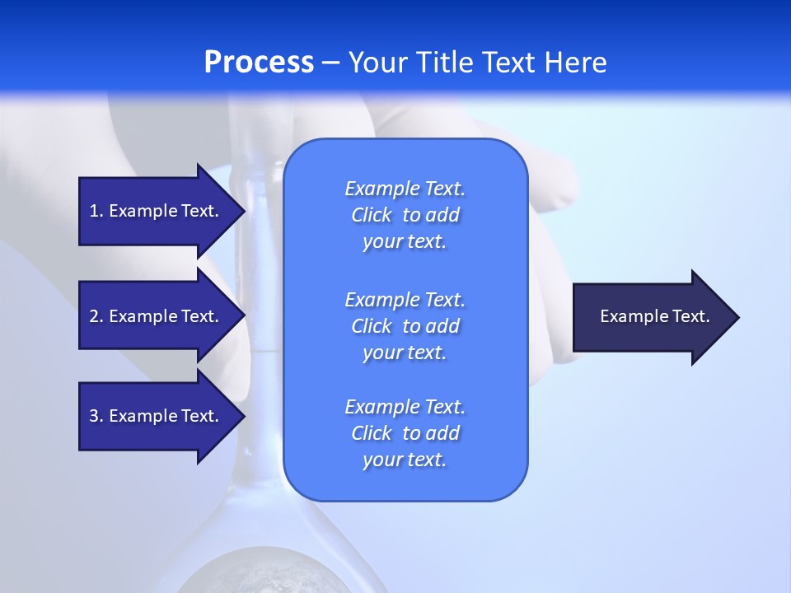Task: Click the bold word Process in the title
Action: [259, 62]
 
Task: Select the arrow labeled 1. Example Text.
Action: [157, 211]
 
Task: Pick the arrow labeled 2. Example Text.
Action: [157, 316]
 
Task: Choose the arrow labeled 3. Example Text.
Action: [157, 416]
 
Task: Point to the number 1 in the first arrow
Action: [95, 211]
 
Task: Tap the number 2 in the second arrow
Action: [95, 316]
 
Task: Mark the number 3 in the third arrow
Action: [95, 416]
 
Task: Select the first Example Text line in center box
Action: [405, 189]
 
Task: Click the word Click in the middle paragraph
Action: [371, 326]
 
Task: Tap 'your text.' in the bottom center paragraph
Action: [405, 460]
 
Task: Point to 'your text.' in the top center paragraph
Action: [405, 241]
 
